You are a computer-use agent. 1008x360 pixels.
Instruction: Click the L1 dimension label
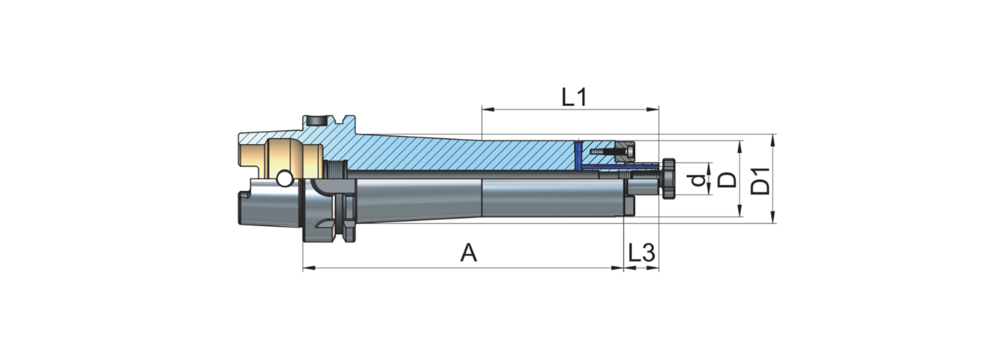(573, 97)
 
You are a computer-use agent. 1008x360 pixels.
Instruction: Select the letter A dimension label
(469, 253)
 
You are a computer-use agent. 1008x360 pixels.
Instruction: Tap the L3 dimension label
(641, 253)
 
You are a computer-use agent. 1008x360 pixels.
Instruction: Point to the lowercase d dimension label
(695, 180)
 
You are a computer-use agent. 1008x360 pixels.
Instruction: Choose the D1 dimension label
(760, 180)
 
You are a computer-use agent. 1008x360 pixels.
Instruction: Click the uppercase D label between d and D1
(728, 180)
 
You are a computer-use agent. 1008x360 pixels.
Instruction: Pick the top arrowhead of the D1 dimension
(773, 138)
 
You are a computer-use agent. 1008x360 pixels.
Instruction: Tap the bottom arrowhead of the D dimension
(740, 212)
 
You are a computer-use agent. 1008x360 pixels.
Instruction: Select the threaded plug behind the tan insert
(336, 171)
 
